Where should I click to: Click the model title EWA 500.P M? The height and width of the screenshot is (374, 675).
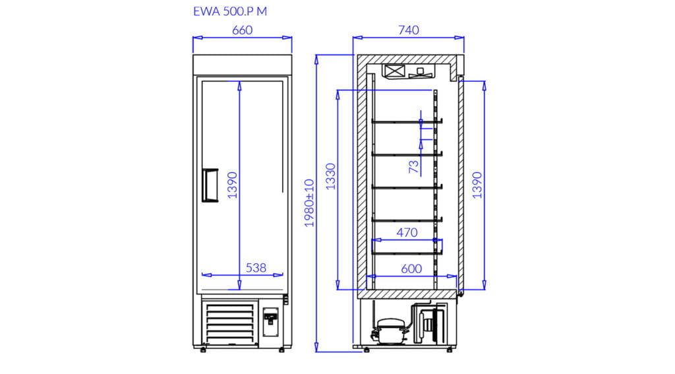pyautogui.click(x=230, y=12)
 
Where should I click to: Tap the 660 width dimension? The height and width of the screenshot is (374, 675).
pyautogui.click(x=243, y=30)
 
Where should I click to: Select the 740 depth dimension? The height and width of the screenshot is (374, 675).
pyautogui.click(x=409, y=30)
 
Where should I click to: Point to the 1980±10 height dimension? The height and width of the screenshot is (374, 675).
pyautogui.click(x=310, y=203)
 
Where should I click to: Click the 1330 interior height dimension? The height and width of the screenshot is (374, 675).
pyautogui.click(x=331, y=176)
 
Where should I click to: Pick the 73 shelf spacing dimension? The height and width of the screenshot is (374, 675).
pyautogui.click(x=414, y=166)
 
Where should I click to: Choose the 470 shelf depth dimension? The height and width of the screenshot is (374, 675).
pyautogui.click(x=407, y=233)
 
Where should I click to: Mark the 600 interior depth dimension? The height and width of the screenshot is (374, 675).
pyautogui.click(x=411, y=269)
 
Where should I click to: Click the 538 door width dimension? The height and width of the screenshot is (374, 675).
pyautogui.click(x=256, y=268)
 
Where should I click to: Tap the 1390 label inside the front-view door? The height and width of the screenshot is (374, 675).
pyautogui.click(x=233, y=185)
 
